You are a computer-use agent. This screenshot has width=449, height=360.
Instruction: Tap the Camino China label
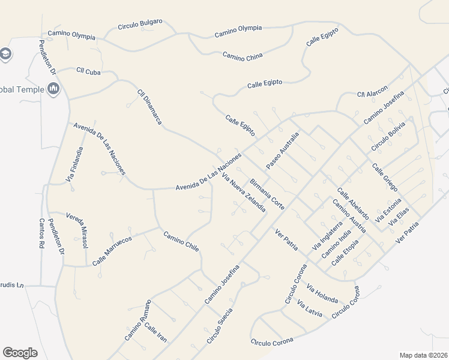click(243, 56)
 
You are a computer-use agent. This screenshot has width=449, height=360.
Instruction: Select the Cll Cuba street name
click(88, 71)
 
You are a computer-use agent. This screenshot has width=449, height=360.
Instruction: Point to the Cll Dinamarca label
click(150, 107)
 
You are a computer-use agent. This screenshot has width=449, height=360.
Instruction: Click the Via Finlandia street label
click(74, 164)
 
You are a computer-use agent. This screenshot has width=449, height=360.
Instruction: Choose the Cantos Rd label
click(42, 233)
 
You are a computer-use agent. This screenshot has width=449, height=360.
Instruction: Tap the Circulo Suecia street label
click(219, 328)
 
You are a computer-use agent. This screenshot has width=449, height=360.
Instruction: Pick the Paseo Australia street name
click(282, 150)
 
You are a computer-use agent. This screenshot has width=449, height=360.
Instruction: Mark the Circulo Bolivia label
click(388, 137)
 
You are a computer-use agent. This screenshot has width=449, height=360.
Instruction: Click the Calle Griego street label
click(384, 177)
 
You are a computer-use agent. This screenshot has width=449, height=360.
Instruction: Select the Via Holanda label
click(322, 293)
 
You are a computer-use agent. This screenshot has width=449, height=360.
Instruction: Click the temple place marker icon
click(54, 89)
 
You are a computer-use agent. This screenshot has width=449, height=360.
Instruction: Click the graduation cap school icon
click(6, 54)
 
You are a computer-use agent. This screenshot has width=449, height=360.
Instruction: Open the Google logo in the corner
click(20, 352)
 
